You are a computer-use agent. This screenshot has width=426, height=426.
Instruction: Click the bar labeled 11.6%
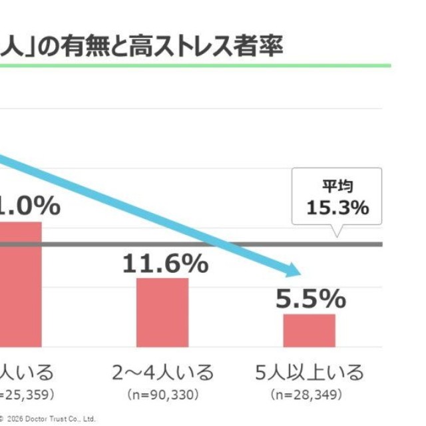coord(162,312)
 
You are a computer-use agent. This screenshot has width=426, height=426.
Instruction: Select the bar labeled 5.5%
coord(309,330)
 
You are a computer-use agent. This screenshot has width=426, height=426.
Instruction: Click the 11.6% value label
coord(165,264)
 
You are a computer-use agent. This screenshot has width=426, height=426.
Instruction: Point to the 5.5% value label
coord(311,300)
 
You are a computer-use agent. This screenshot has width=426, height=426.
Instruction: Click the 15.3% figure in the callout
coord(337,208)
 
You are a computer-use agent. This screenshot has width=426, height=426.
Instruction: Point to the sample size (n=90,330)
coord(163,395)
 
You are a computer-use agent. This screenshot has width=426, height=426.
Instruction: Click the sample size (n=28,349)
coord(310,395)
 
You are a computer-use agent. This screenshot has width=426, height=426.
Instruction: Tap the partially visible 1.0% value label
coord(30,205)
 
